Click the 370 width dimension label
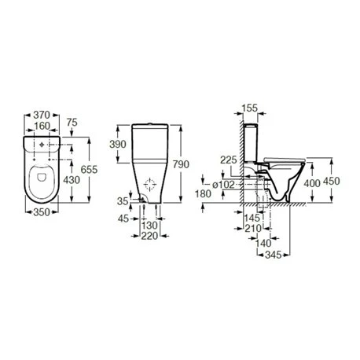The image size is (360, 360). (42, 115)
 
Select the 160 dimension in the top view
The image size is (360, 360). (42, 126)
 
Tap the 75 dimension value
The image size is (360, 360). (72, 123)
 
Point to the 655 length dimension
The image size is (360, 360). (89, 170)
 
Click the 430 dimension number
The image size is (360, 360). (72, 180)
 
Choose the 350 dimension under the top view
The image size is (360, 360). (42, 212)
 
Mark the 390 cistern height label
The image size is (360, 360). (118, 144)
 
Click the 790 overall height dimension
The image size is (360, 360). (181, 164)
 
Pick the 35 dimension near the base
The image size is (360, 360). (123, 201)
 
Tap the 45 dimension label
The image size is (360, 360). (123, 219)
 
